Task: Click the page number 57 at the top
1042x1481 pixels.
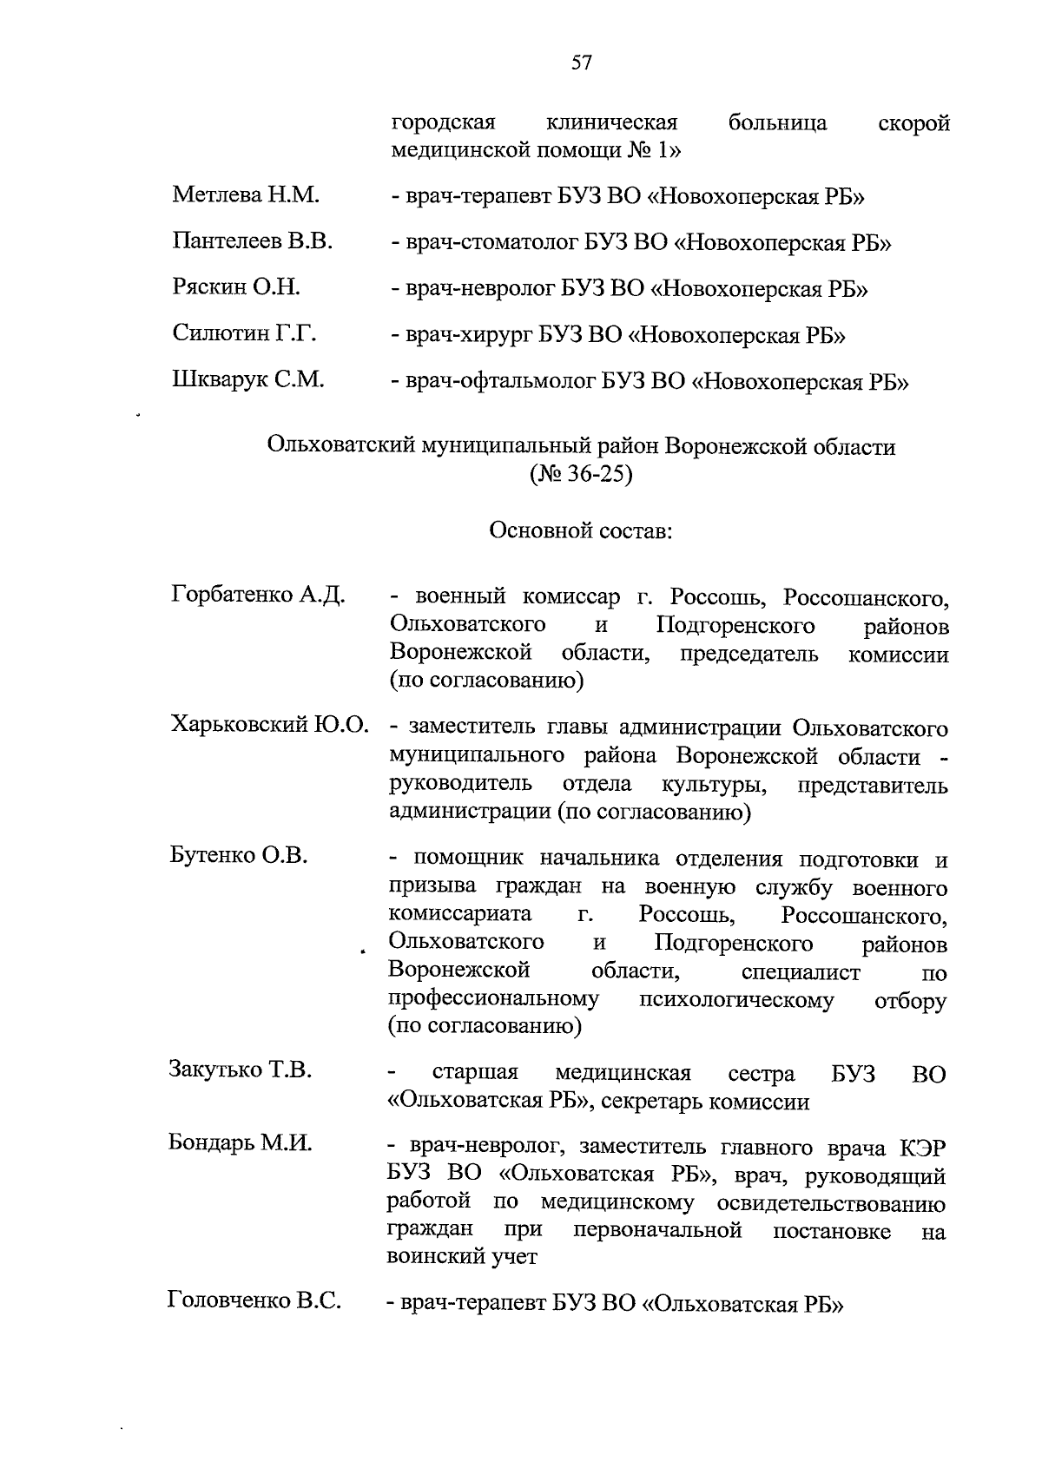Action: click(x=581, y=63)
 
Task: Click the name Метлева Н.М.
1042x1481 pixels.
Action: click(x=246, y=195)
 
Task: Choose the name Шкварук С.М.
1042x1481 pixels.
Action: click(x=247, y=379)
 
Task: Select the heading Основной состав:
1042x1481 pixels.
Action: click(x=580, y=530)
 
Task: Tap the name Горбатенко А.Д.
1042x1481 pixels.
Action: click(x=259, y=596)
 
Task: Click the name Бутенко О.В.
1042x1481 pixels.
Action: click(x=239, y=855)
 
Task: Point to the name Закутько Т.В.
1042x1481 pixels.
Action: click(x=240, y=1070)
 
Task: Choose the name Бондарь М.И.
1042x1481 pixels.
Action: click(x=240, y=1142)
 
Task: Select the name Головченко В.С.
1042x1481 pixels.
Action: click(x=253, y=1300)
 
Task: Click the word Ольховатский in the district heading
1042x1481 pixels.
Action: click(x=341, y=447)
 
